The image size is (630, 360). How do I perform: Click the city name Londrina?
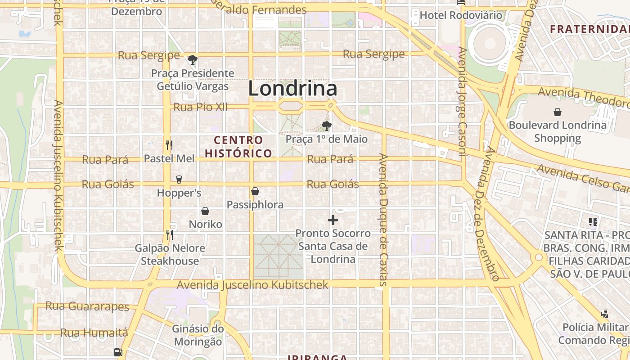pyautogui.click(x=292, y=89)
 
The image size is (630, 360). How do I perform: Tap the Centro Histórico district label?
pyautogui.click(x=238, y=147)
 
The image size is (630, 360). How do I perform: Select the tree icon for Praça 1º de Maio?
pyautogui.click(x=327, y=126)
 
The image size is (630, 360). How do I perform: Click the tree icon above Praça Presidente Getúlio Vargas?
pyautogui.click(x=193, y=60)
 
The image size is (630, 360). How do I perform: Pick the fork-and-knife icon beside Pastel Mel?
pyautogui.click(x=169, y=145)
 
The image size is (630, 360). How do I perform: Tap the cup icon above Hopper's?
pyautogui.click(x=179, y=180)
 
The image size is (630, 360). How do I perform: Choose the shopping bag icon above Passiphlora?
pyautogui.click(x=255, y=192)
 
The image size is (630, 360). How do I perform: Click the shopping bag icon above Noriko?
pyautogui.click(x=205, y=211)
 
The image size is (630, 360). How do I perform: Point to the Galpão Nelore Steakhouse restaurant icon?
pyautogui.click(x=169, y=234)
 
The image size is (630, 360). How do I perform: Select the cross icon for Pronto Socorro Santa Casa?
pyautogui.click(x=333, y=220)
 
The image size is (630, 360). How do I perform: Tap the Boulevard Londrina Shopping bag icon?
pyautogui.click(x=558, y=112)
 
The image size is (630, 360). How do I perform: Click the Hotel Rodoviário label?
pyautogui.click(x=461, y=15)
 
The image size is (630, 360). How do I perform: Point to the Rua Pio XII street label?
pyautogui.click(x=200, y=107)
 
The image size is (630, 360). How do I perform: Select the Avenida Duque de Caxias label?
pyautogui.click(x=383, y=220)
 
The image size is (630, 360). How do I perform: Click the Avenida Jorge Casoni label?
pyautogui.click(x=462, y=101)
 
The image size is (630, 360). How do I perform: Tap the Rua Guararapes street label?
pyautogui.click(x=87, y=306)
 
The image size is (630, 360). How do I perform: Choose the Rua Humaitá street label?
pyautogui.click(x=94, y=333)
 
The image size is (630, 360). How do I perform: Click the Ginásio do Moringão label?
pyautogui.click(x=198, y=335)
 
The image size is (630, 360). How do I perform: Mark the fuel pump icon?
pyautogui.click(x=118, y=352)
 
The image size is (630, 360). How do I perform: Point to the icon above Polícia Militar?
pyautogui.click(x=605, y=314)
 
